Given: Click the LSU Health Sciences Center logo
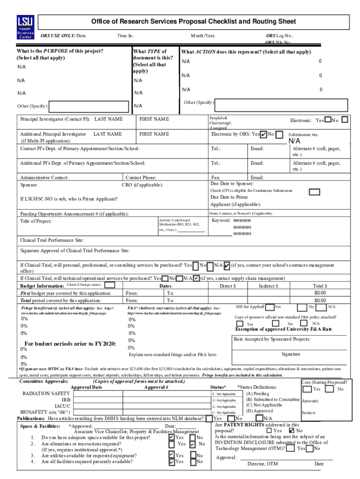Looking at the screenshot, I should [x=25, y=29].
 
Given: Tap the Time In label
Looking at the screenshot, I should [x=125, y=36].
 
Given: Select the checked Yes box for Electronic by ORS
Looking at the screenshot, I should [x=264, y=135].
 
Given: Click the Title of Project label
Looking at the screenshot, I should [x=36, y=221].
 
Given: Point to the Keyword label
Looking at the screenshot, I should [x=221, y=220].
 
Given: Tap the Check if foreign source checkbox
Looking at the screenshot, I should [x=109, y=284].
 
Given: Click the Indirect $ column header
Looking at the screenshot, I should [x=268, y=285].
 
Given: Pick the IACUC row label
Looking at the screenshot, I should [x=62, y=406].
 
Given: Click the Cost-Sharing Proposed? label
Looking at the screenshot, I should [x=324, y=382].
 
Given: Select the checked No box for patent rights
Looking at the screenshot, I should [x=292, y=430].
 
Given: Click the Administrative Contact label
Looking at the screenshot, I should [x=44, y=178].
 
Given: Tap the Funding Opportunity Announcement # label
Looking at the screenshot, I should [x=74, y=214].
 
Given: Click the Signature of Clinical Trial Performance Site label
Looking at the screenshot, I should [x=75, y=251].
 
